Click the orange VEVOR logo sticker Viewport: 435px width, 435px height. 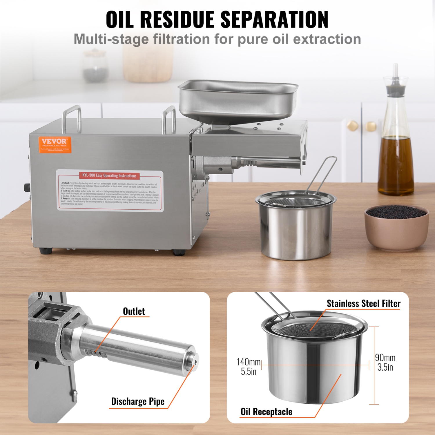(x=55, y=144)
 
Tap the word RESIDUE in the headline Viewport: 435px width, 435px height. (x=179, y=19)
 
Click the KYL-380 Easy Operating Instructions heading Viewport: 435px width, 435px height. (x=109, y=175)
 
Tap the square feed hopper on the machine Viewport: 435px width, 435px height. (x=238, y=100)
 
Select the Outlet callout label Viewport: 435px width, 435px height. (x=134, y=311)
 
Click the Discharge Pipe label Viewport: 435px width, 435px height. (x=138, y=401)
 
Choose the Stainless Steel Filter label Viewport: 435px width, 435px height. (x=363, y=303)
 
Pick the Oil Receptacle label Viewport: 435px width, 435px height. (x=266, y=412)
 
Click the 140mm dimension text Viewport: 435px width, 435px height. (x=249, y=362)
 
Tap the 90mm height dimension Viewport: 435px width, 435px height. (x=385, y=358)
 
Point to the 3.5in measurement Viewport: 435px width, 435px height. (x=385, y=367)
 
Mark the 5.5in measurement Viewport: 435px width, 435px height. (x=249, y=372)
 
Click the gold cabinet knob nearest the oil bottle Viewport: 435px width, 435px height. (x=371, y=126)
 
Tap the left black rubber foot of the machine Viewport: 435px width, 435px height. (x=46, y=251)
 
